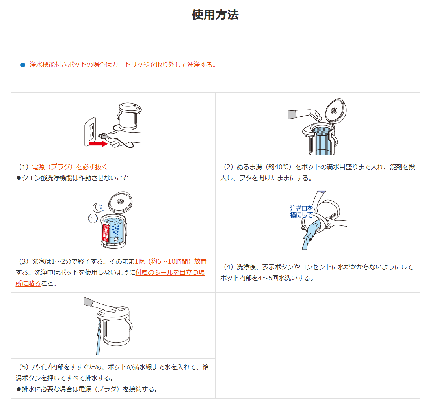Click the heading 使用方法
coord(215,15)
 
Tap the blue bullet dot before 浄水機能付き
coord(23,65)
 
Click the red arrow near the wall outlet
coord(98,143)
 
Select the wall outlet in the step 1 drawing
coord(91,131)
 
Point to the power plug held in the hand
coord(103,136)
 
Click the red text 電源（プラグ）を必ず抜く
coord(69,167)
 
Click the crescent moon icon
coord(97,208)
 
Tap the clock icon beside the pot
coord(93,218)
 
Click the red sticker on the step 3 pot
coord(106,233)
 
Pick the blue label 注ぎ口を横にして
coord(301,212)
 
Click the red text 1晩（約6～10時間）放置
coord(171,261)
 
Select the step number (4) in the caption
coord(228,267)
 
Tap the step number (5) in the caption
coord(24,367)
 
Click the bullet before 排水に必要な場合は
coord(19,389)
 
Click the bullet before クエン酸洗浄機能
coord(19,178)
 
